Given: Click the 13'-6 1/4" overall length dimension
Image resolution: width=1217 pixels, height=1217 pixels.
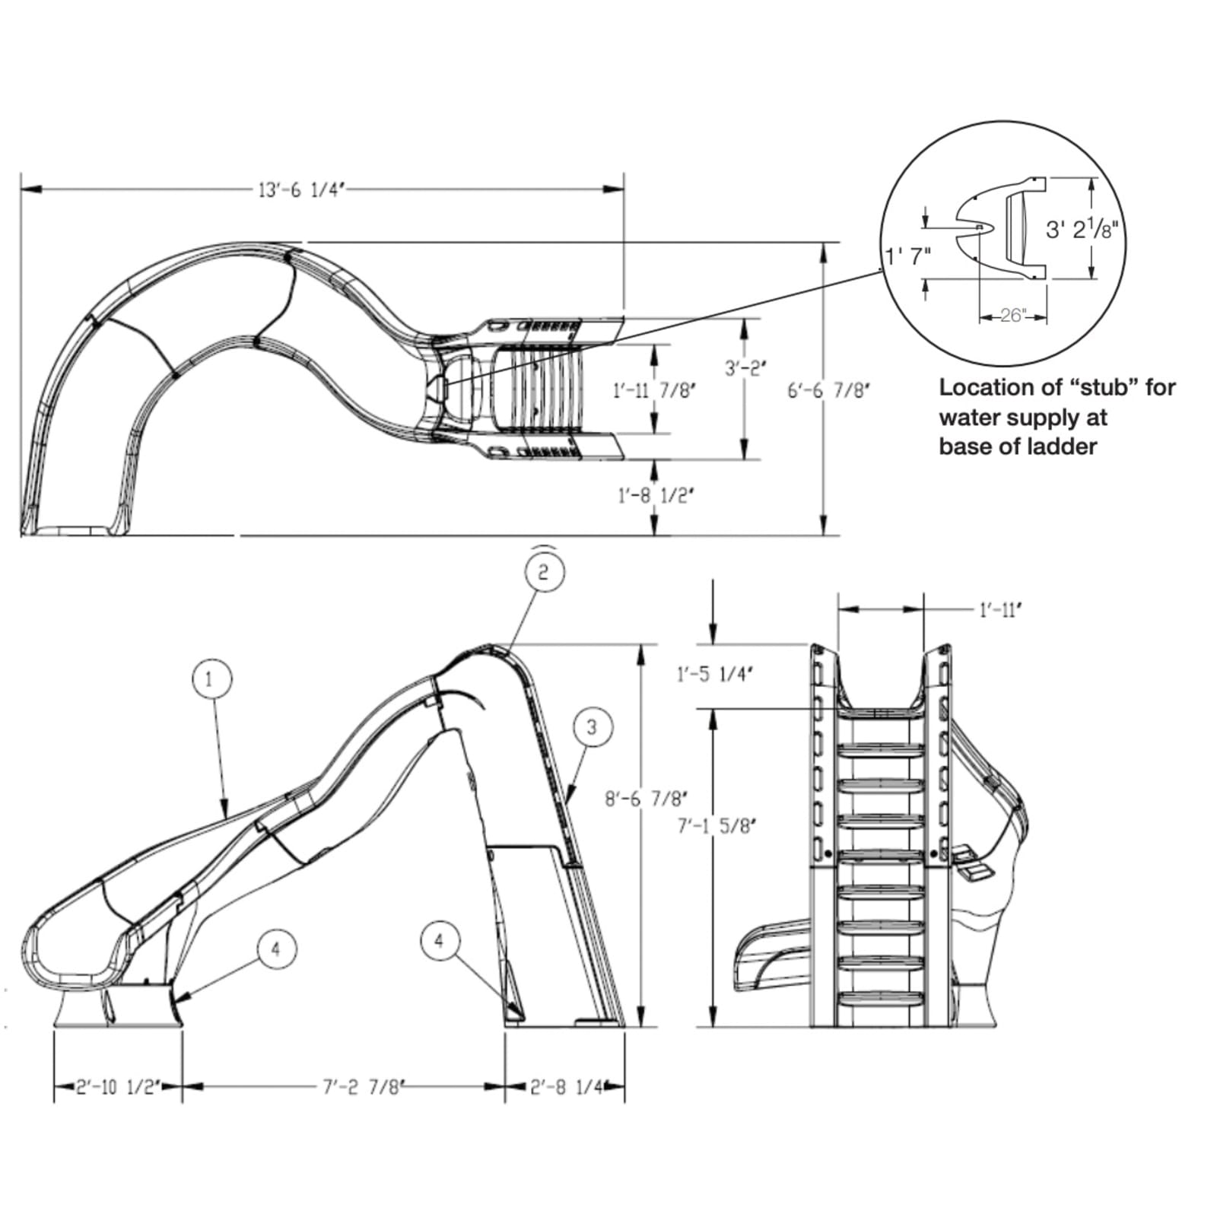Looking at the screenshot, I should (302, 189).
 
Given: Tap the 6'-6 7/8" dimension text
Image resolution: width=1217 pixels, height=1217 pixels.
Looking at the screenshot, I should (828, 390).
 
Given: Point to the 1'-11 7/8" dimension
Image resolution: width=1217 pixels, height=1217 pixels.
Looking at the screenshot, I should (654, 390).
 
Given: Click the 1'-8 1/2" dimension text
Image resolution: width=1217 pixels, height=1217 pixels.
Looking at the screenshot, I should (656, 496).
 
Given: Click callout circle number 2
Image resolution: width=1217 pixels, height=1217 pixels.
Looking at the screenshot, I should (543, 571).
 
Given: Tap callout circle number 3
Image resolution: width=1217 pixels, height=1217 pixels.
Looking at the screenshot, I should (593, 727).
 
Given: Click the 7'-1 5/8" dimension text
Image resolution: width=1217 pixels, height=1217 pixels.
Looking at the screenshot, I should (717, 825).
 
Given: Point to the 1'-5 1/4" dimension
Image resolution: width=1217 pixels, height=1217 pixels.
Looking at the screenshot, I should (714, 674).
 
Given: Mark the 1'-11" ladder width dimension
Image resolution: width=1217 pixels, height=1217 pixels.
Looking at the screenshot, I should (999, 610).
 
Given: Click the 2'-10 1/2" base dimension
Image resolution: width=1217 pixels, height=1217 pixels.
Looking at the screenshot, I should (118, 1087).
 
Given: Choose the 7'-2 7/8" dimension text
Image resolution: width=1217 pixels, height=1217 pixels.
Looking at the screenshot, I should (361, 1087).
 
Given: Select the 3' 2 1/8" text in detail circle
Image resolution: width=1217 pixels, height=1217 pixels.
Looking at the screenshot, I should (1082, 229).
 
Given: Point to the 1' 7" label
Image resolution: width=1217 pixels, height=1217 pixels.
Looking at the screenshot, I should (908, 256).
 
